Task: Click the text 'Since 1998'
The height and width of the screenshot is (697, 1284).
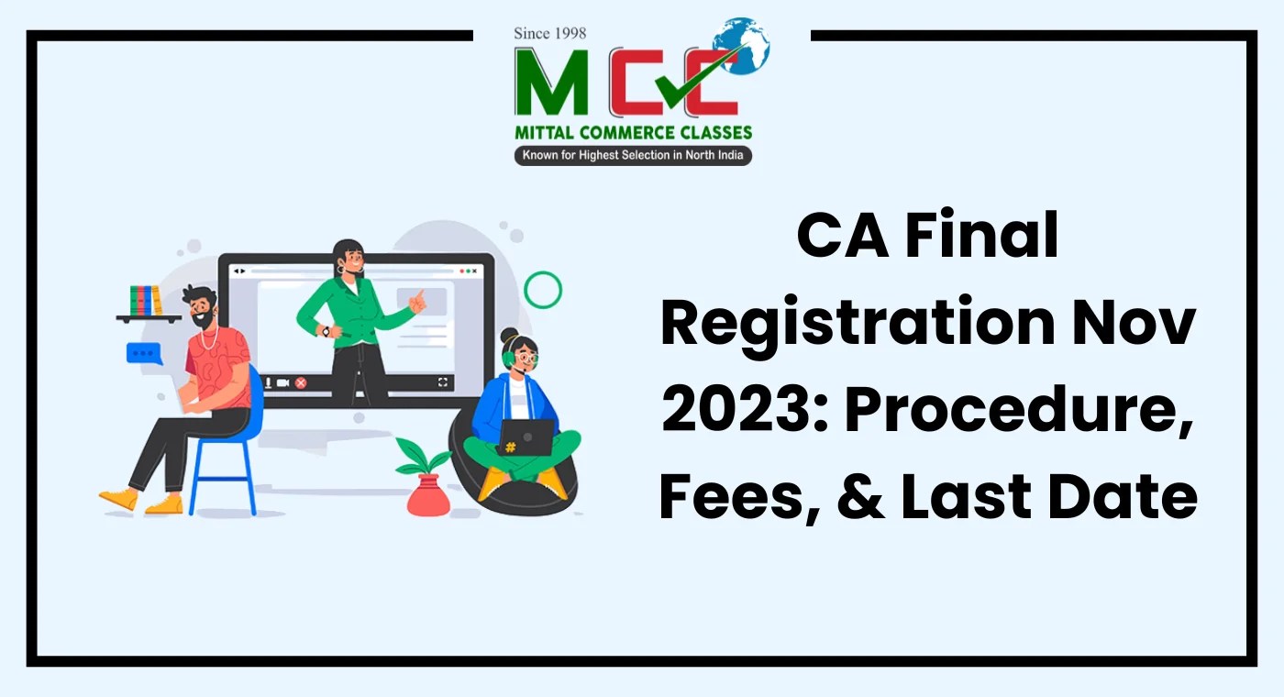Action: click(x=549, y=33)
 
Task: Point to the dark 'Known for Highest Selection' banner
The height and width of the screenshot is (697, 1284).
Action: click(x=633, y=155)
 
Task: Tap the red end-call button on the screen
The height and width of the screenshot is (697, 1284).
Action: click(x=300, y=382)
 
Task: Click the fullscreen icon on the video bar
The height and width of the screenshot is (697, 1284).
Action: click(x=444, y=382)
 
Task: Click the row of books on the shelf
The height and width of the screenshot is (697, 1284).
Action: click(x=146, y=301)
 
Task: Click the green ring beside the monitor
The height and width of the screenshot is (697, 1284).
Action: click(x=543, y=289)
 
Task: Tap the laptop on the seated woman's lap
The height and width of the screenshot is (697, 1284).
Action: click(x=526, y=438)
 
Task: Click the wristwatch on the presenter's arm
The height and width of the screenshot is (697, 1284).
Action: click(x=325, y=331)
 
